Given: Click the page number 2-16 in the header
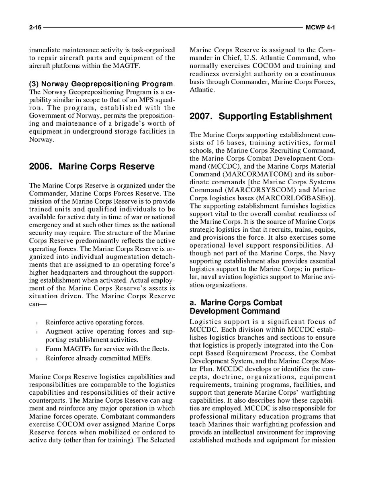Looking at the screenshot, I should pos(35,28).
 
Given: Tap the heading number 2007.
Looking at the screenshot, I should pos(202,116).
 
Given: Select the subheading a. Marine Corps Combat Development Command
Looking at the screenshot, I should pos(235,307).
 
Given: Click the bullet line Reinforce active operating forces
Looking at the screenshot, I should pos(94,322).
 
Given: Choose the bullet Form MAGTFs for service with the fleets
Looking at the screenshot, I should pos(107,349).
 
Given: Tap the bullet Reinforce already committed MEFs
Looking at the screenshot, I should pos(98,358).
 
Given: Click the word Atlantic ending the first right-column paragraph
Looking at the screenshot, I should pos(201,90).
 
